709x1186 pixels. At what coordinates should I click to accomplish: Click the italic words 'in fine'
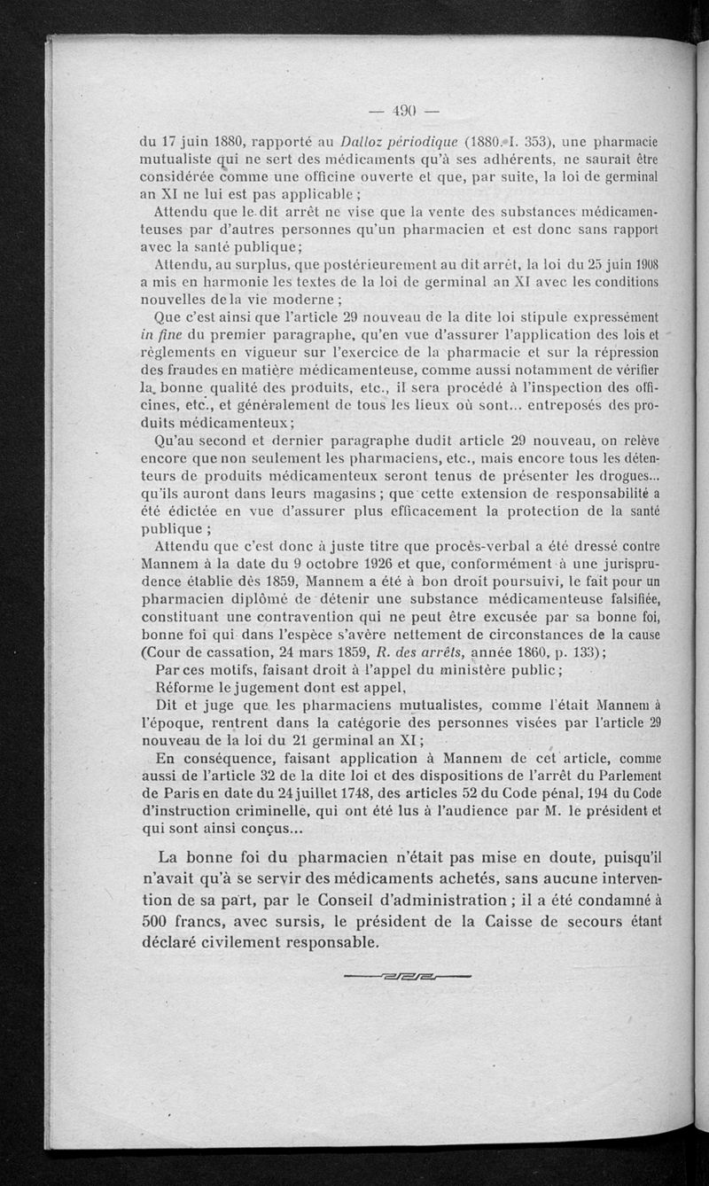point(160,334)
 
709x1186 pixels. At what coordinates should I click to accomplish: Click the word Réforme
point(186,687)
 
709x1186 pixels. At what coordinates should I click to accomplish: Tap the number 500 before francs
point(158,920)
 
